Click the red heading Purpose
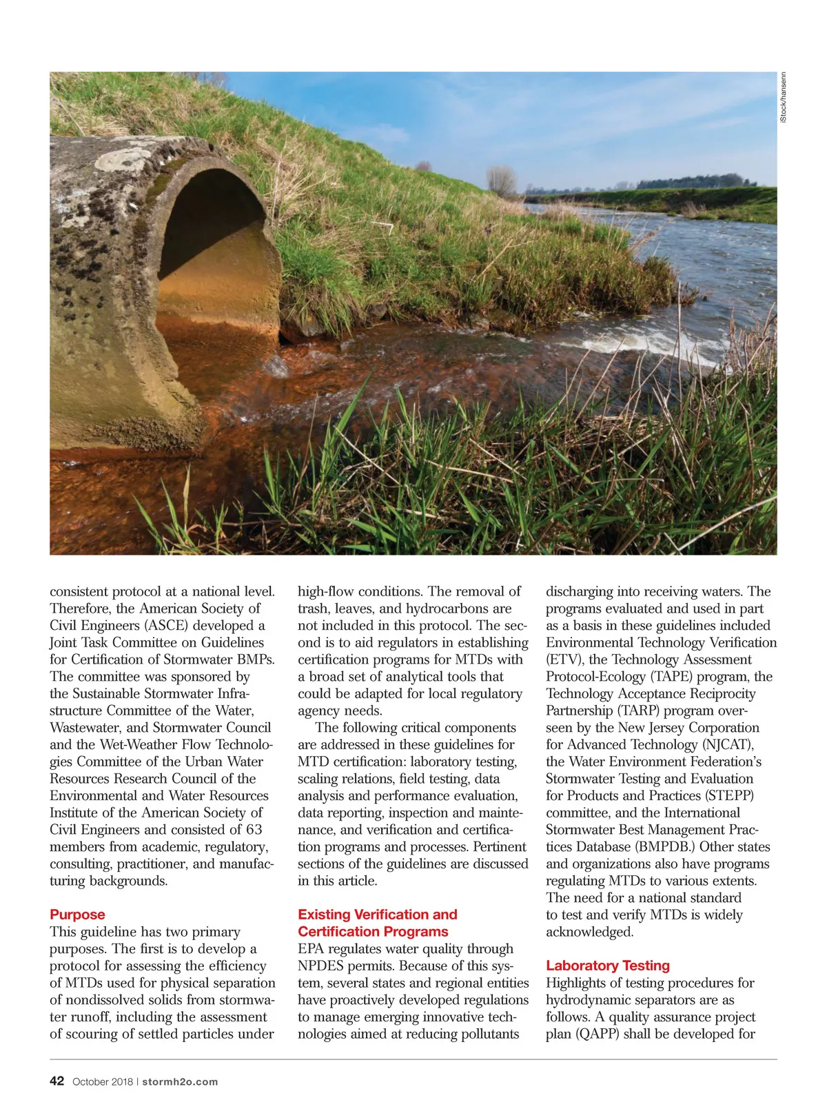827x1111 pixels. pos(77,915)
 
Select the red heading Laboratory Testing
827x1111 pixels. pos(607,966)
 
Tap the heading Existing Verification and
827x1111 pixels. pos(377,915)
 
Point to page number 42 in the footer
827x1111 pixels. pos(57,1081)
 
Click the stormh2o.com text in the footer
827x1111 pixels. pos(181,1082)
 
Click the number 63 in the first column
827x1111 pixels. pos(254,830)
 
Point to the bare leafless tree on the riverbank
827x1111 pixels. pos(501,181)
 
